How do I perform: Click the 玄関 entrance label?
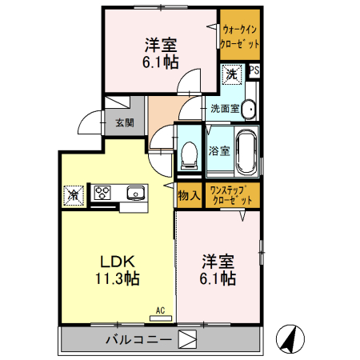pos(124,122)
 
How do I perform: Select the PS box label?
pos(254,71)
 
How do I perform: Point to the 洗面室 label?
pos(225,108)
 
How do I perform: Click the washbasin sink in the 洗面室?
pos(248,109)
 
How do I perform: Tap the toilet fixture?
pos(190,152)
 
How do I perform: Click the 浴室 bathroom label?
pos(218,150)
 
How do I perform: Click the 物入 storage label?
pos(189,194)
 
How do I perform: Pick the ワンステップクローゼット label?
pos(233,194)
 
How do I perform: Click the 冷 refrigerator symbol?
pos(73,194)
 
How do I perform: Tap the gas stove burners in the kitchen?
pos(103,193)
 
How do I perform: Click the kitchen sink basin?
pos(135,192)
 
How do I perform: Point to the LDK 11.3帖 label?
pos(118,271)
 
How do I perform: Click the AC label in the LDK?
pos(160,309)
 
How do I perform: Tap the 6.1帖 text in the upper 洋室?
pos(161,61)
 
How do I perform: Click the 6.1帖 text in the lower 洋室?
pos(217,278)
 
